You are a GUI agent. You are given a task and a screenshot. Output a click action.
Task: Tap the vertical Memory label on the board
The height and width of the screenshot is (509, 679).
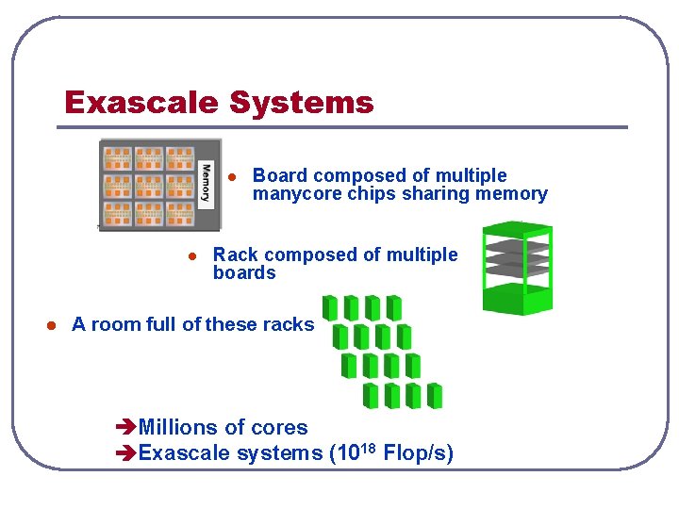pos(207,183)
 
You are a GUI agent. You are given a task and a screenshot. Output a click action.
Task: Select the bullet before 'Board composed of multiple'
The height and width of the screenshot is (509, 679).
pos(231,177)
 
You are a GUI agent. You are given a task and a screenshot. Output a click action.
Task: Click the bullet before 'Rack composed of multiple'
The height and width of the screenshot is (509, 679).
pos(191,256)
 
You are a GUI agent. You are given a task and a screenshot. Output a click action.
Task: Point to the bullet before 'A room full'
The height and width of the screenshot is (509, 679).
pos(52,325)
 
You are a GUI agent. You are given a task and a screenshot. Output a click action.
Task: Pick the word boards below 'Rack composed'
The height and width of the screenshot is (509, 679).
pos(244,273)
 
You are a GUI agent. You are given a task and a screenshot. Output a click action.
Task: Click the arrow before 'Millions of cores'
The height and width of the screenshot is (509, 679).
pos(124,428)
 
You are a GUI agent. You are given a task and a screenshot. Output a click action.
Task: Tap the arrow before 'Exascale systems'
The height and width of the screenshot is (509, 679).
pos(124,453)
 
